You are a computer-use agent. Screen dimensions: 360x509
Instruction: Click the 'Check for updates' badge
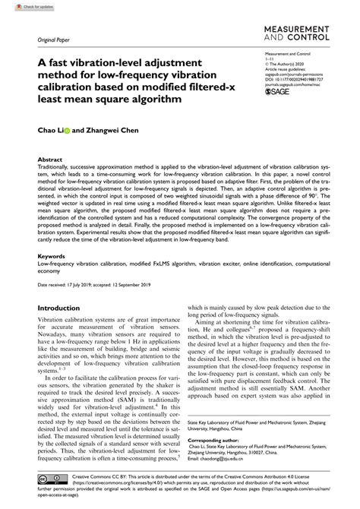coord(22,6)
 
